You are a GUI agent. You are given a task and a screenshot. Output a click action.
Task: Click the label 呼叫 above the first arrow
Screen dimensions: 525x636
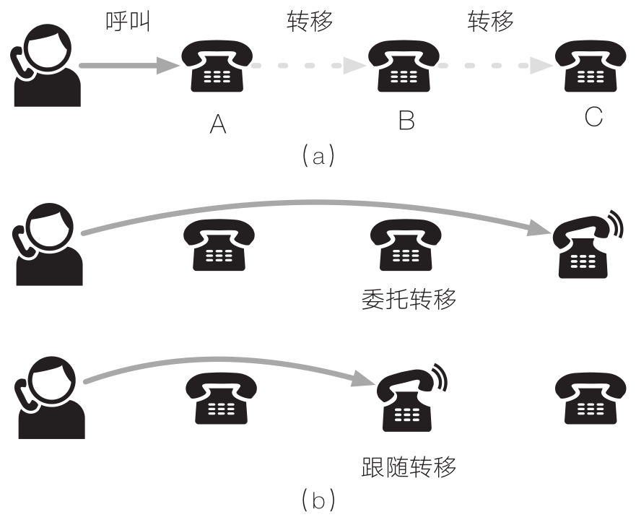(x=127, y=22)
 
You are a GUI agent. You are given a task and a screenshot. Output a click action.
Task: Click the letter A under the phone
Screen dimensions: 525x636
(x=217, y=124)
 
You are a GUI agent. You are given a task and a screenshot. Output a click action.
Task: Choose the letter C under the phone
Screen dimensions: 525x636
(x=593, y=118)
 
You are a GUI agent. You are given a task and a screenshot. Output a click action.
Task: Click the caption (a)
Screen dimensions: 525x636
(x=318, y=154)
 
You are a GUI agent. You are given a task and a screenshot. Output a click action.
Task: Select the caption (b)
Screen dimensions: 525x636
(x=318, y=499)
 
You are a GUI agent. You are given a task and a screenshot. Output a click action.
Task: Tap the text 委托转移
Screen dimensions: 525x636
(x=408, y=298)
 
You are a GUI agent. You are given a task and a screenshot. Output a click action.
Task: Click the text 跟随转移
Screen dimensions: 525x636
(x=408, y=467)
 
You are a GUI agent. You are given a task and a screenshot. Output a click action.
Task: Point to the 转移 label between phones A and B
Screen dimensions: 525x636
(x=309, y=22)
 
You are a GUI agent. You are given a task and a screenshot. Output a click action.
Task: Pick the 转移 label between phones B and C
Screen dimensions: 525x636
(x=490, y=22)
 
